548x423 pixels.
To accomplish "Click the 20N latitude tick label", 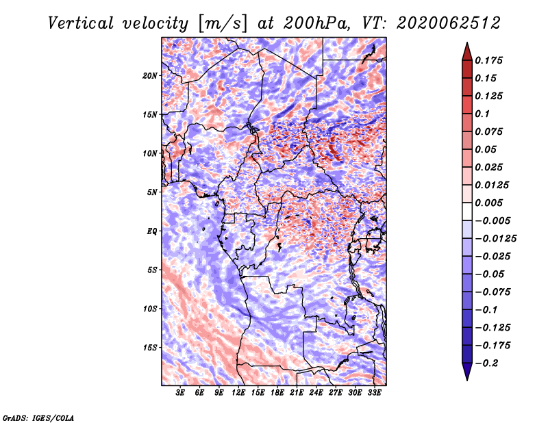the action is pyautogui.click(x=150, y=76).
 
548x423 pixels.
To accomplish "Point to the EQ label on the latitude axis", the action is pyautogui.click(x=151, y=231).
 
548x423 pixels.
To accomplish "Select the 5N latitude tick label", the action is pyautogui.click(x=152, y=192).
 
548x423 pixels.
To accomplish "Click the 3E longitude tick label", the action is pyautogui.click(x=180, y=392).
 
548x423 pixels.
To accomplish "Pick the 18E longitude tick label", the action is pyautogui.click(x=277, y=392).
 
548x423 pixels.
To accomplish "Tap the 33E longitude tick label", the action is pyautogui.click(x=374, y=392).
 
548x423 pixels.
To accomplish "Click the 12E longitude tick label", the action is pyautogui.click(x=238, y=392).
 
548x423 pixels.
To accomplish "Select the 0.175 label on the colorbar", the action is pyautogui.click(x=488, y=60).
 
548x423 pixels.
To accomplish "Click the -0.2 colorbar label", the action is pyautogui.click(x=486, y=363).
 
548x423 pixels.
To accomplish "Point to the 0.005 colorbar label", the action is pyautogui.click(x=488, y=203).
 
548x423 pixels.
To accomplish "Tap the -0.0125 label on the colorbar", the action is pyautogui.click(x=496, y=239).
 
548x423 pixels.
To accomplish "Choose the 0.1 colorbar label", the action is pyautogui.click(x=482, y=114).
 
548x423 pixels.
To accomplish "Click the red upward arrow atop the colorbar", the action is pyautogui.click(x=467, y=51).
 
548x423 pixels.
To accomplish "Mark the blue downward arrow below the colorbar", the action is pyautogui.click(x=467, y=372).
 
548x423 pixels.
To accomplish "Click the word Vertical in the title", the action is pyautogui.click(x=81, y=23).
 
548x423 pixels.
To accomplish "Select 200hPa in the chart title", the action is pyautogui.click(x=316, y=23).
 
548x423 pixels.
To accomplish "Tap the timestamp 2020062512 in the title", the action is pyautogui.click(x=449, y=23).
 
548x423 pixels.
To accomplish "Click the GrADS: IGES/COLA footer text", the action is pyautogui.click(x=38, y=418).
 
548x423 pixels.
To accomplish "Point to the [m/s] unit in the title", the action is pyautogui.click(x=223, y=24).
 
